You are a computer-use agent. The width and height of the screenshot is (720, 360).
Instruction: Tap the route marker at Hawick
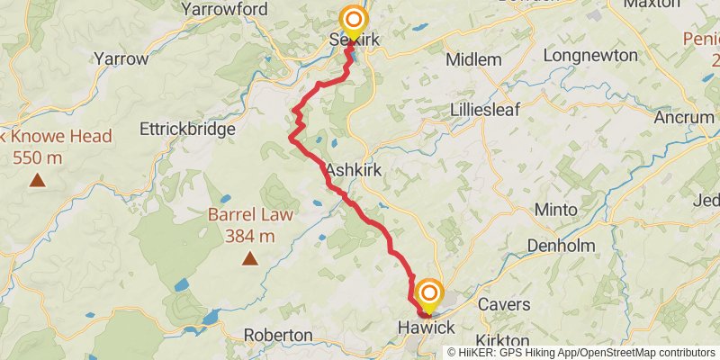[429, 294]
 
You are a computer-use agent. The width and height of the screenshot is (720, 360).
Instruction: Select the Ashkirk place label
[355, 168]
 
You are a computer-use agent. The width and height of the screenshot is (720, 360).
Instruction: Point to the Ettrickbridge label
[187, 129]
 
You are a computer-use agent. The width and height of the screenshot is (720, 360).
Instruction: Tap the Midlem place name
[474, 60]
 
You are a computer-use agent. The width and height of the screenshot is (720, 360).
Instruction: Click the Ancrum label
[683, 118]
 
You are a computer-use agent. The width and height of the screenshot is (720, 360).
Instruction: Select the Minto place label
[556, 209]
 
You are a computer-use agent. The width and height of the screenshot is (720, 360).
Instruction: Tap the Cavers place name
[504, 304]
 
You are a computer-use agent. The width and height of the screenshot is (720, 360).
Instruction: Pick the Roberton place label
[279, 335]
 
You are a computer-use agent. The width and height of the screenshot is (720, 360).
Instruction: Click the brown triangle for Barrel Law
[249, 260]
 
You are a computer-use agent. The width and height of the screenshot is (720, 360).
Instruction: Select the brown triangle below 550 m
[38, 180]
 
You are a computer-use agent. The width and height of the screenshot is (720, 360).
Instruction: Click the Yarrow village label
[121, 58]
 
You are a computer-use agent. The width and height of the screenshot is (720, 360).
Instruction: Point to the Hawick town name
[427, 329]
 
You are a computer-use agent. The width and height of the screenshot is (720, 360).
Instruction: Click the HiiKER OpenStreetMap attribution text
[581, 353]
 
